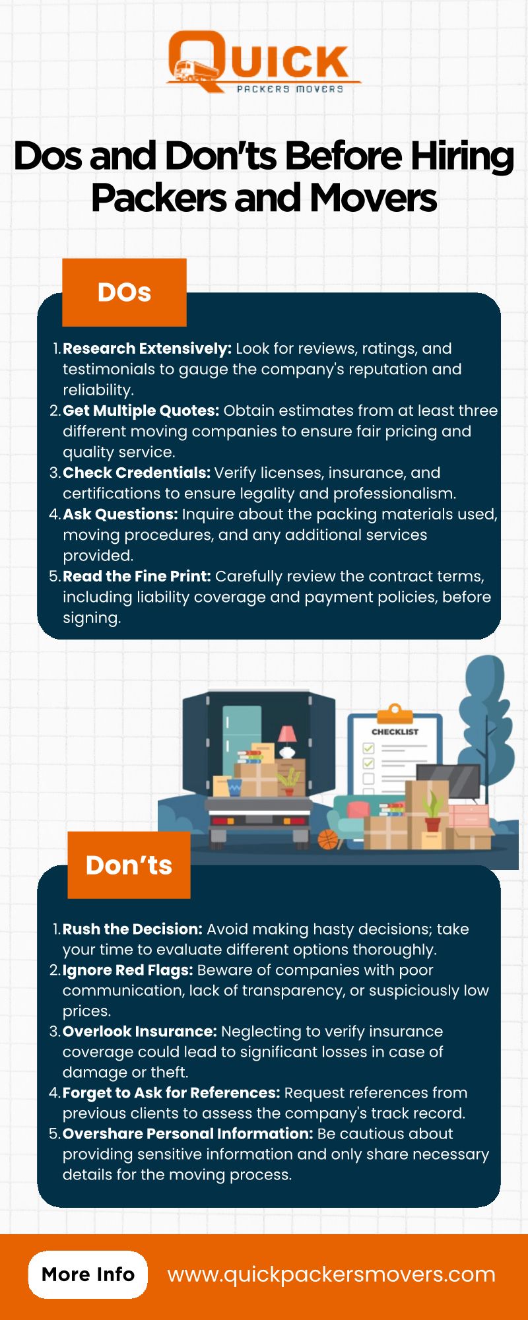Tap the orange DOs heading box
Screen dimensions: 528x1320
click(x=124, y=292)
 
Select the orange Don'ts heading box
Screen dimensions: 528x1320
click(x=129, y=865)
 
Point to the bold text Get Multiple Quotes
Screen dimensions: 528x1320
click(x=141, y=411)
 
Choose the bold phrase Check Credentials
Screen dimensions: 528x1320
click(x=137, y=473)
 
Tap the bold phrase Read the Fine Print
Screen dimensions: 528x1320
click(x=137, y=576)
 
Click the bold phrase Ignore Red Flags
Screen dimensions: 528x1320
click(x=127, y=970)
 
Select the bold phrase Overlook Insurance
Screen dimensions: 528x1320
click(x=139, y=1032)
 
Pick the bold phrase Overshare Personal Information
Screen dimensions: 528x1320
click(x=187, y=1134)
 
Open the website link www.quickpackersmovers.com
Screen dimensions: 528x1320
click(x=331, y=1274)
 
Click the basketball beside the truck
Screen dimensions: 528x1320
click(x=328, y=840)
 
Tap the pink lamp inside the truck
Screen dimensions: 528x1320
click(x=287, y=741)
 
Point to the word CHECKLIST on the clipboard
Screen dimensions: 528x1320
click(x=395, y=732)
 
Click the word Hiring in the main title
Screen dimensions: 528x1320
click(x=461, y=157)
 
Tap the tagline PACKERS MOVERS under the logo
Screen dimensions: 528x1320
click(x=290, y=88)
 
